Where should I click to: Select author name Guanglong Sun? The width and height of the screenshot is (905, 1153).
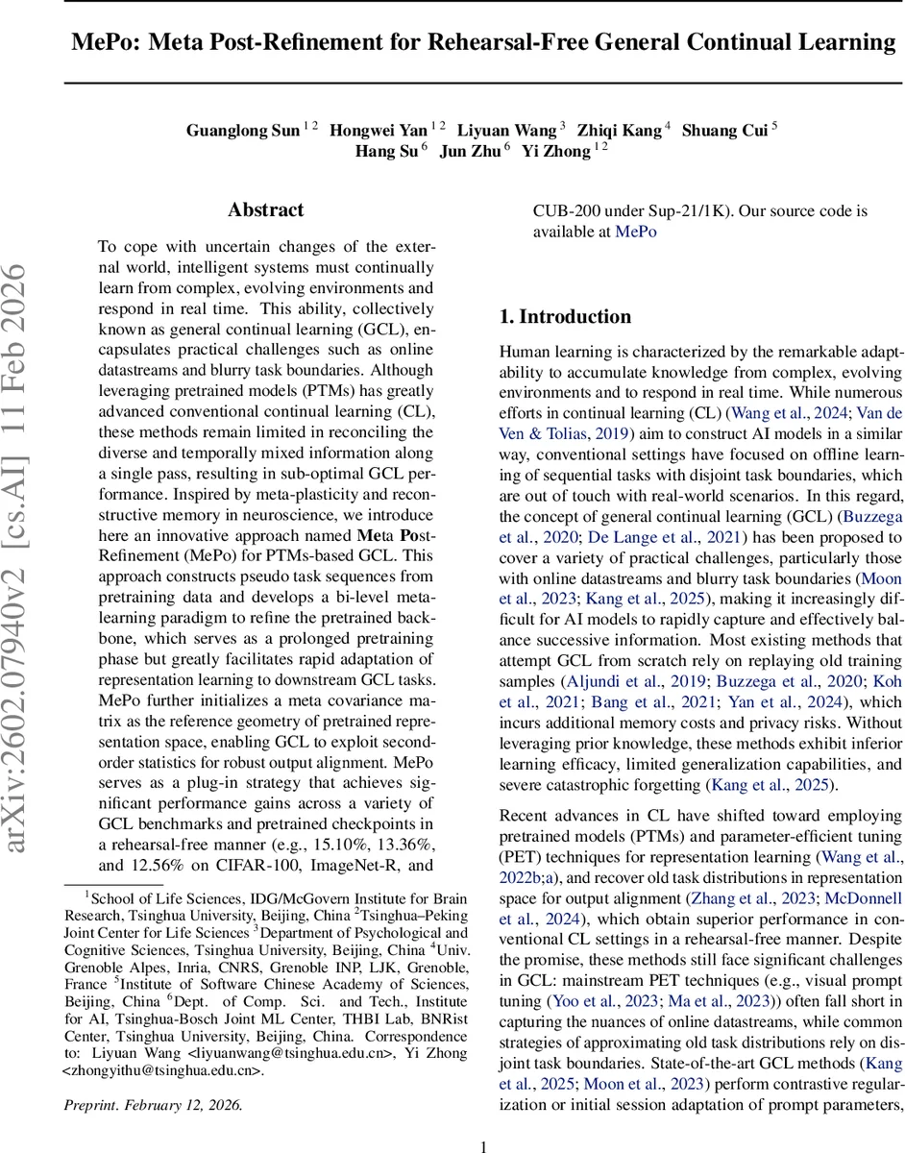[x=243, y=131]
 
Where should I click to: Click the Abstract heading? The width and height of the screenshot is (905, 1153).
[x=266, y=210]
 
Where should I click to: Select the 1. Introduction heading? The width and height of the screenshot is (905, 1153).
[x=566, y=317]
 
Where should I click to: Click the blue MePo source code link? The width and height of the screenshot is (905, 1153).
[x=635, y=232]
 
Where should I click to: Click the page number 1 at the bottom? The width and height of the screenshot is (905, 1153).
[x=484, y=1145]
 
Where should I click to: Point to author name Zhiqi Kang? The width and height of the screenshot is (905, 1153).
[x=624, y=131]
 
